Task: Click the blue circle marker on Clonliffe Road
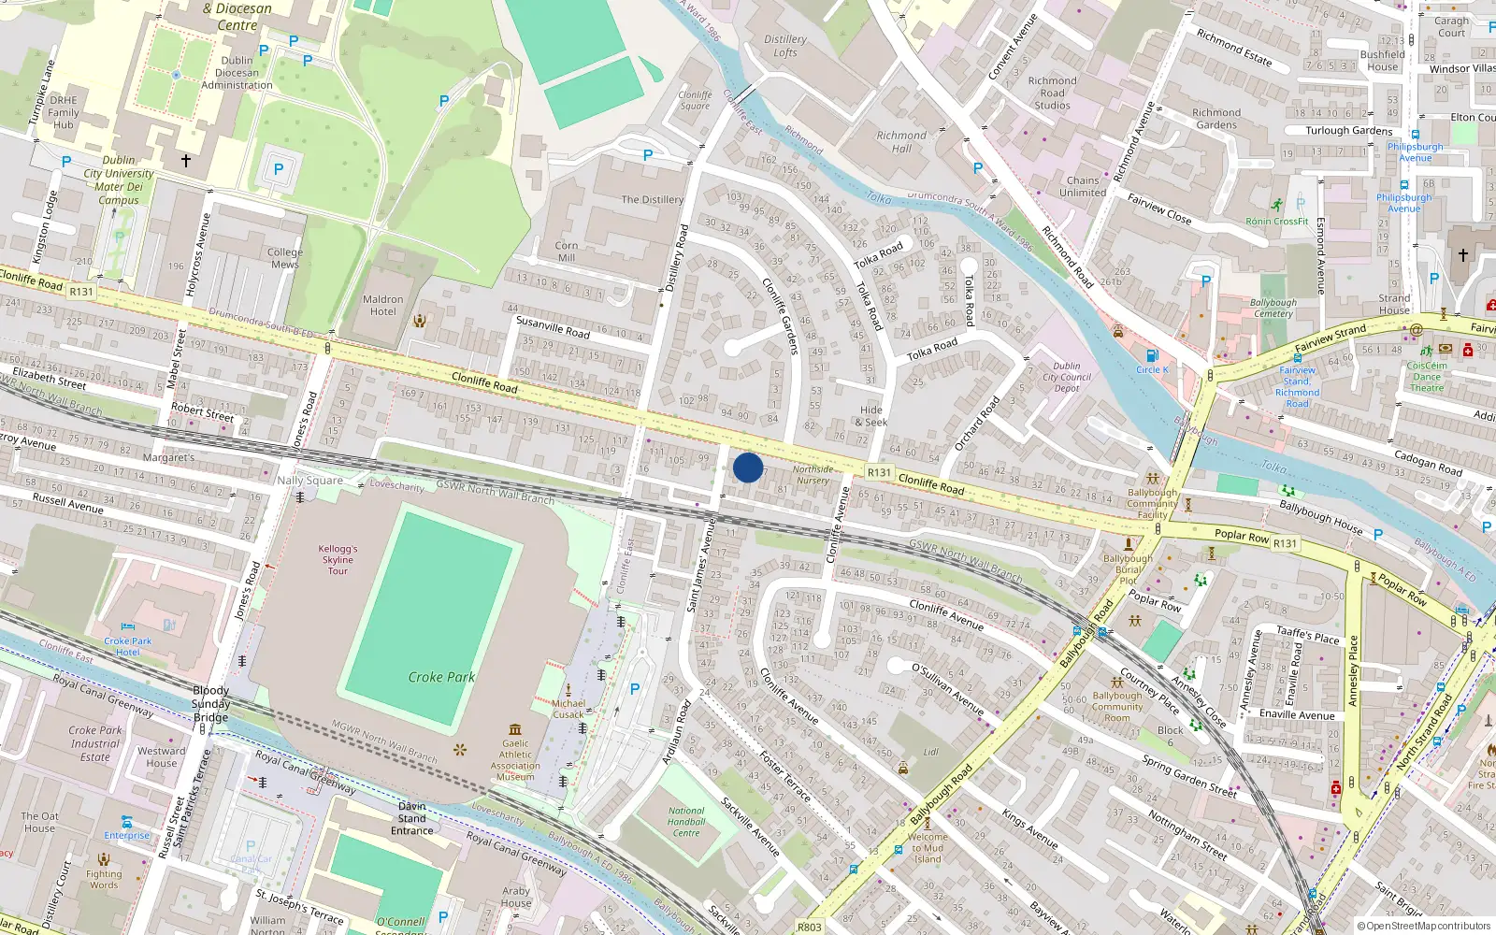[x=748, y=467]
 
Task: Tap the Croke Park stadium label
[x=441, y=677]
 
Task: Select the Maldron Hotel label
[x=382, y=306]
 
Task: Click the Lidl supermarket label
[x=930, y=752]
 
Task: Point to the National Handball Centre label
[x=686, y=822]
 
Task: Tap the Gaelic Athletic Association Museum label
[x=515, y=760]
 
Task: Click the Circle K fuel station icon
[x=1152, y=355]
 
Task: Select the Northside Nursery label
[x=813, y=475]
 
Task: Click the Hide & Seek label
[x=871, y=416]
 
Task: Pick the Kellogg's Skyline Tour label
[x=338, y=560]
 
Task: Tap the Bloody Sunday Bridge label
[x=210, y=704]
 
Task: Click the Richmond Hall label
[x=901, y=141]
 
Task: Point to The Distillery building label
[x=653, y=199]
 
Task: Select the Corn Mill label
[x=567, y=252]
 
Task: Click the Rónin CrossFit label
[x=1276, y=222]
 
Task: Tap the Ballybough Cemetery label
[x=1273, y=308]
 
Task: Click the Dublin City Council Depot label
[x=1067, y=377]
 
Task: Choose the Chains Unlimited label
[x=1083, y=186]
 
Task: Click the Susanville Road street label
[x=553, y=326]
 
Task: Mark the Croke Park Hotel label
[x=128, y=646]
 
